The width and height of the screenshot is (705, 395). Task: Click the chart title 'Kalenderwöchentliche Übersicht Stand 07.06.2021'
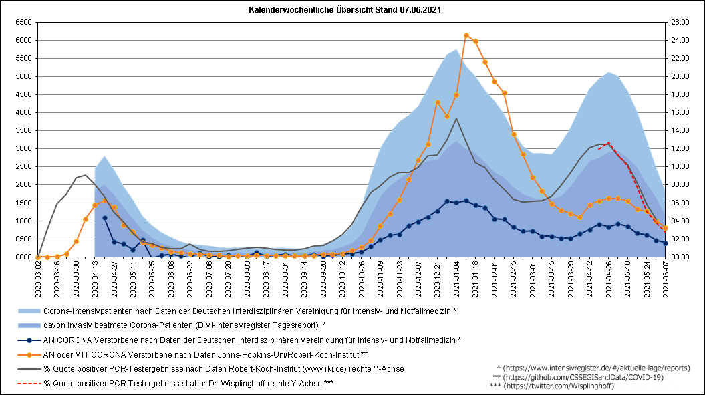(x=345, y=9)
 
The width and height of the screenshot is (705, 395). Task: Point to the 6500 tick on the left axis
(x=24, y=22)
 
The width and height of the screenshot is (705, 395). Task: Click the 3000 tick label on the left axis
(x=24, y=148)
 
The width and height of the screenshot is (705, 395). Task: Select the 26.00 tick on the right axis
(x=680, y=22)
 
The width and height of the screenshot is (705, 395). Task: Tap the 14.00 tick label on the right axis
(x=680, y=130)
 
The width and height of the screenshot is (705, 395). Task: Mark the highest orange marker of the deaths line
(x=466, y=35)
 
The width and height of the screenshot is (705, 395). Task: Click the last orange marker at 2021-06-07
(x=666, y=228)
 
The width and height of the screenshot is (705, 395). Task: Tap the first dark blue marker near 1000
(x=105, y=218)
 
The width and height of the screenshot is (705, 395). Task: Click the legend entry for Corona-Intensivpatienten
(x=250, y=311)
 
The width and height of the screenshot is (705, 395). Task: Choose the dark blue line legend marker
(x=29, y=340)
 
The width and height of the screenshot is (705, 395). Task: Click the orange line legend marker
(x=29, y=354)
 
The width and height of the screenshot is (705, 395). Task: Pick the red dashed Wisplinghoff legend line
(x=29, y=384)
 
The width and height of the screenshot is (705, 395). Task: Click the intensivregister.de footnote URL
(x=596, y=368)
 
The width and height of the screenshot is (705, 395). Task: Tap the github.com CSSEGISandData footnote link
(x=583, y=377)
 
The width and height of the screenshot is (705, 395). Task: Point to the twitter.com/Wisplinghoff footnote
(x=559, y=386)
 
